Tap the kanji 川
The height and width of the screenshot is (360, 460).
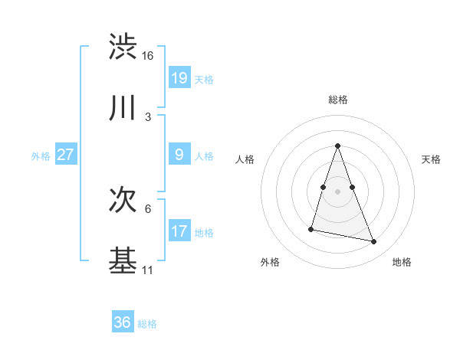123,108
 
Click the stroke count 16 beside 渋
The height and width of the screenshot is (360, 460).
148,56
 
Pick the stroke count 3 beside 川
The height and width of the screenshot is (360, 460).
148,117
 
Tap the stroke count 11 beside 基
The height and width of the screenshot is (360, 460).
148,270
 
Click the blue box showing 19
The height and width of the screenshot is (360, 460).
179,77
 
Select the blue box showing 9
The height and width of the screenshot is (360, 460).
179,154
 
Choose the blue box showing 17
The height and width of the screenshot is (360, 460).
179,231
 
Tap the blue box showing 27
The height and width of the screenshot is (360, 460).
66,154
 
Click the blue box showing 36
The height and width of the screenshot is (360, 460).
123,322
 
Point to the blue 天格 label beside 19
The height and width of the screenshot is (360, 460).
204,80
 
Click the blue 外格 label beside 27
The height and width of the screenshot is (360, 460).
41,156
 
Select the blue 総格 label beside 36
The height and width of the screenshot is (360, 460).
147,324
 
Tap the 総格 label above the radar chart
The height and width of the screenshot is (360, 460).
338,100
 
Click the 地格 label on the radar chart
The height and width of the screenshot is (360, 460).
402,262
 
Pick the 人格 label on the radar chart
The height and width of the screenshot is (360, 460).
245,159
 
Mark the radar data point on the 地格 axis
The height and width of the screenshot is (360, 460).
374,242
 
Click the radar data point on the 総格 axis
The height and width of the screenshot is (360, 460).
338,146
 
